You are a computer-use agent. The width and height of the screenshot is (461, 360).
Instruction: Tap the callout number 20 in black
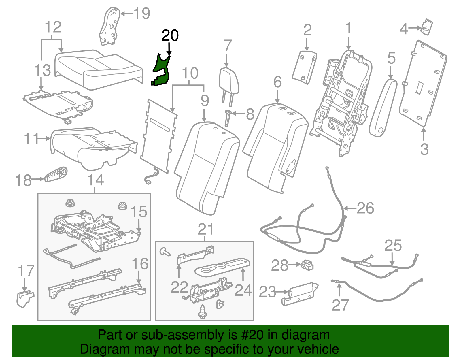click(170, 36)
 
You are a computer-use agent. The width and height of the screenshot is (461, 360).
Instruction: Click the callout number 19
click(142, 14)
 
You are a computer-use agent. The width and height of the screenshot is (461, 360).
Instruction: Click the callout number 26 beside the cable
click(365, 208)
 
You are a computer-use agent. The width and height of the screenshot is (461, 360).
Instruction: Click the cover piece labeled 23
click(300, 293)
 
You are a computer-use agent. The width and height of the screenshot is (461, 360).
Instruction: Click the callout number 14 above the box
click(95, 180)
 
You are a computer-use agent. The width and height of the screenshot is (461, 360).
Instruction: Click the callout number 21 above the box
click(206, 229)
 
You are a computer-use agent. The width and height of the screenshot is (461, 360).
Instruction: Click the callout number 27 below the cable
click(340, 305)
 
